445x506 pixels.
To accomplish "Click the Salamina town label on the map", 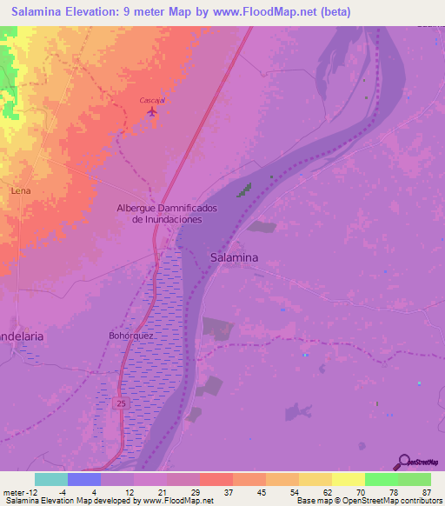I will tap(234, 257).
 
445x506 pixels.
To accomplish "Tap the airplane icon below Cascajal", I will tap(153, 111).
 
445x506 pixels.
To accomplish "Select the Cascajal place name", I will tap(152, 100).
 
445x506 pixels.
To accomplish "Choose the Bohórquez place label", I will tap(131, 335).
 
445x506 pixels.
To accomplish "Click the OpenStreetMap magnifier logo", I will tap(402, 463).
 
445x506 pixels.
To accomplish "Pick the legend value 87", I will tap(426, 491).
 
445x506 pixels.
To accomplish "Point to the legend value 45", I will tap(262, 491).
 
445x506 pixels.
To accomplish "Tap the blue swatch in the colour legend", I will tap(83, 479).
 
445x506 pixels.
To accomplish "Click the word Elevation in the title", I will tap(89, 11).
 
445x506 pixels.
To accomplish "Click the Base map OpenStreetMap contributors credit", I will tap(369, 501).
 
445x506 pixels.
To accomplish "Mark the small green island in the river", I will tap(247, 189).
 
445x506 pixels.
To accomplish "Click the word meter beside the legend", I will tap(13, 491).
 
